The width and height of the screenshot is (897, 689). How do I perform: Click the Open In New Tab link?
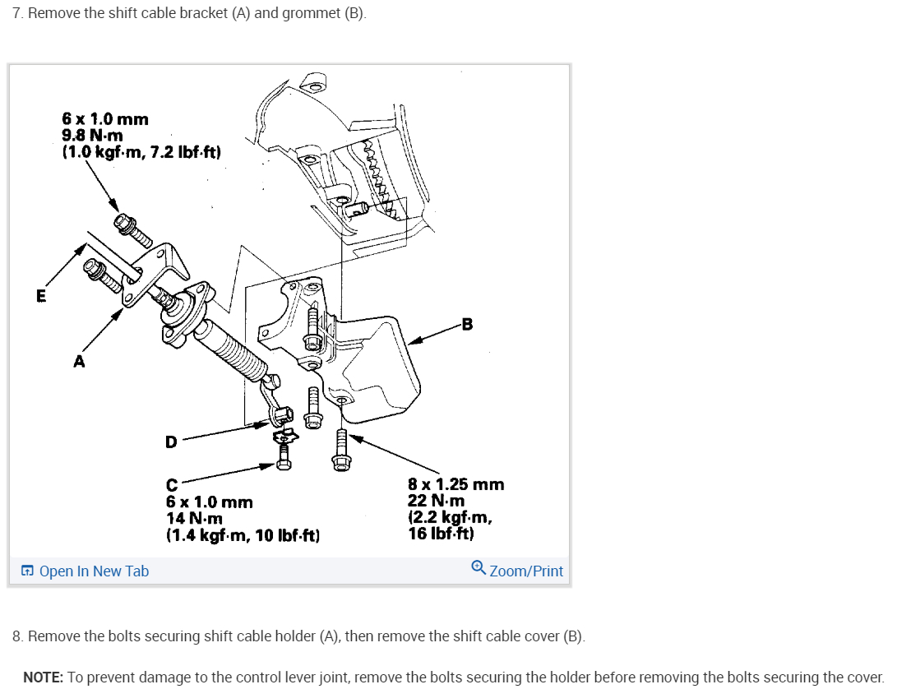point(94,571)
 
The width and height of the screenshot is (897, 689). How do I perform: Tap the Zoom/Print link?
point(526,571)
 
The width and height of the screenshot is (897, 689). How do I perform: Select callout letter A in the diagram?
point(79,361)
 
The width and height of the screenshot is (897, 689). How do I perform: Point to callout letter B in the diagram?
point(467,324)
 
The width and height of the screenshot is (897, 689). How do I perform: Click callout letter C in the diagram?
point(172,485)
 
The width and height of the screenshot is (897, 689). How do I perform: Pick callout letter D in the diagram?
point(170,442)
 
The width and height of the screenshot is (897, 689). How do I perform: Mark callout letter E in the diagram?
point(41,296)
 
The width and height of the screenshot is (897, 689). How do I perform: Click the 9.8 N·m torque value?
point(93,136)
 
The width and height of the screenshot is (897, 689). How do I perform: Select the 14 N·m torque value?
point(194,519)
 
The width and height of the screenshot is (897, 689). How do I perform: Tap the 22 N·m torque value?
point(436,501)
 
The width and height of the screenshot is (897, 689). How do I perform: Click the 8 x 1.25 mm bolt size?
point(455,484)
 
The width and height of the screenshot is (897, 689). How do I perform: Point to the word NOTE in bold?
point(43,677)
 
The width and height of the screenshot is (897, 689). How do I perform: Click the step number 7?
point(16,15)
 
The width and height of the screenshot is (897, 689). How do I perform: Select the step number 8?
point(16,636)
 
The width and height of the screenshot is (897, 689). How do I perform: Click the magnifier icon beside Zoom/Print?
point(479,569)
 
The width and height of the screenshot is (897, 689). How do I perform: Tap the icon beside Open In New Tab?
point(28,571)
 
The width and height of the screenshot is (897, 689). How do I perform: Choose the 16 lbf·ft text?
point(441,534)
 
